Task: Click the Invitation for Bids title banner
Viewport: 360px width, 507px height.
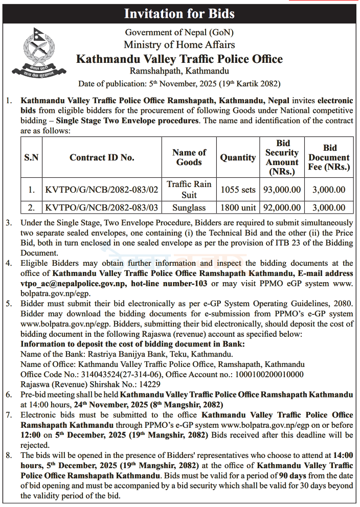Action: (179, 13)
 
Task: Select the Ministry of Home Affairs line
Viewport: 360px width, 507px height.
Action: (179, 45)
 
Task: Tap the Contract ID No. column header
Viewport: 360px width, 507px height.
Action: (102, 157)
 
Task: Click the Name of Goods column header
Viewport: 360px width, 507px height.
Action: (189, 157)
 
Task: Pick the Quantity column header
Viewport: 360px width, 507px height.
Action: (238, 157)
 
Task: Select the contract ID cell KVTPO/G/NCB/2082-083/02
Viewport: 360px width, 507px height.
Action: (102, 190)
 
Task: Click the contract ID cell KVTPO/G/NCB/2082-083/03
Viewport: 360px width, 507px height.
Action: (102, 208)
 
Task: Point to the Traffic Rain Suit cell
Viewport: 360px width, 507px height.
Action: (189, 189)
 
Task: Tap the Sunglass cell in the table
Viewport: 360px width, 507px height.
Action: (189, 208)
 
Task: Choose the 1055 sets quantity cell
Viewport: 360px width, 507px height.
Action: (238, 190)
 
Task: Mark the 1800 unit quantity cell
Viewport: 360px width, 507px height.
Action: (238, 208)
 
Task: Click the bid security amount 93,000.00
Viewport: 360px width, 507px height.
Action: (282, 190)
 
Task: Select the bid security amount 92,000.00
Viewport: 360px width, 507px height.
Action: (282, 208)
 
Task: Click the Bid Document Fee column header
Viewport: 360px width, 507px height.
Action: (329, 157)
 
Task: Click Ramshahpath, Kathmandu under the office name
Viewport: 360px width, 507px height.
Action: (179, 71)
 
